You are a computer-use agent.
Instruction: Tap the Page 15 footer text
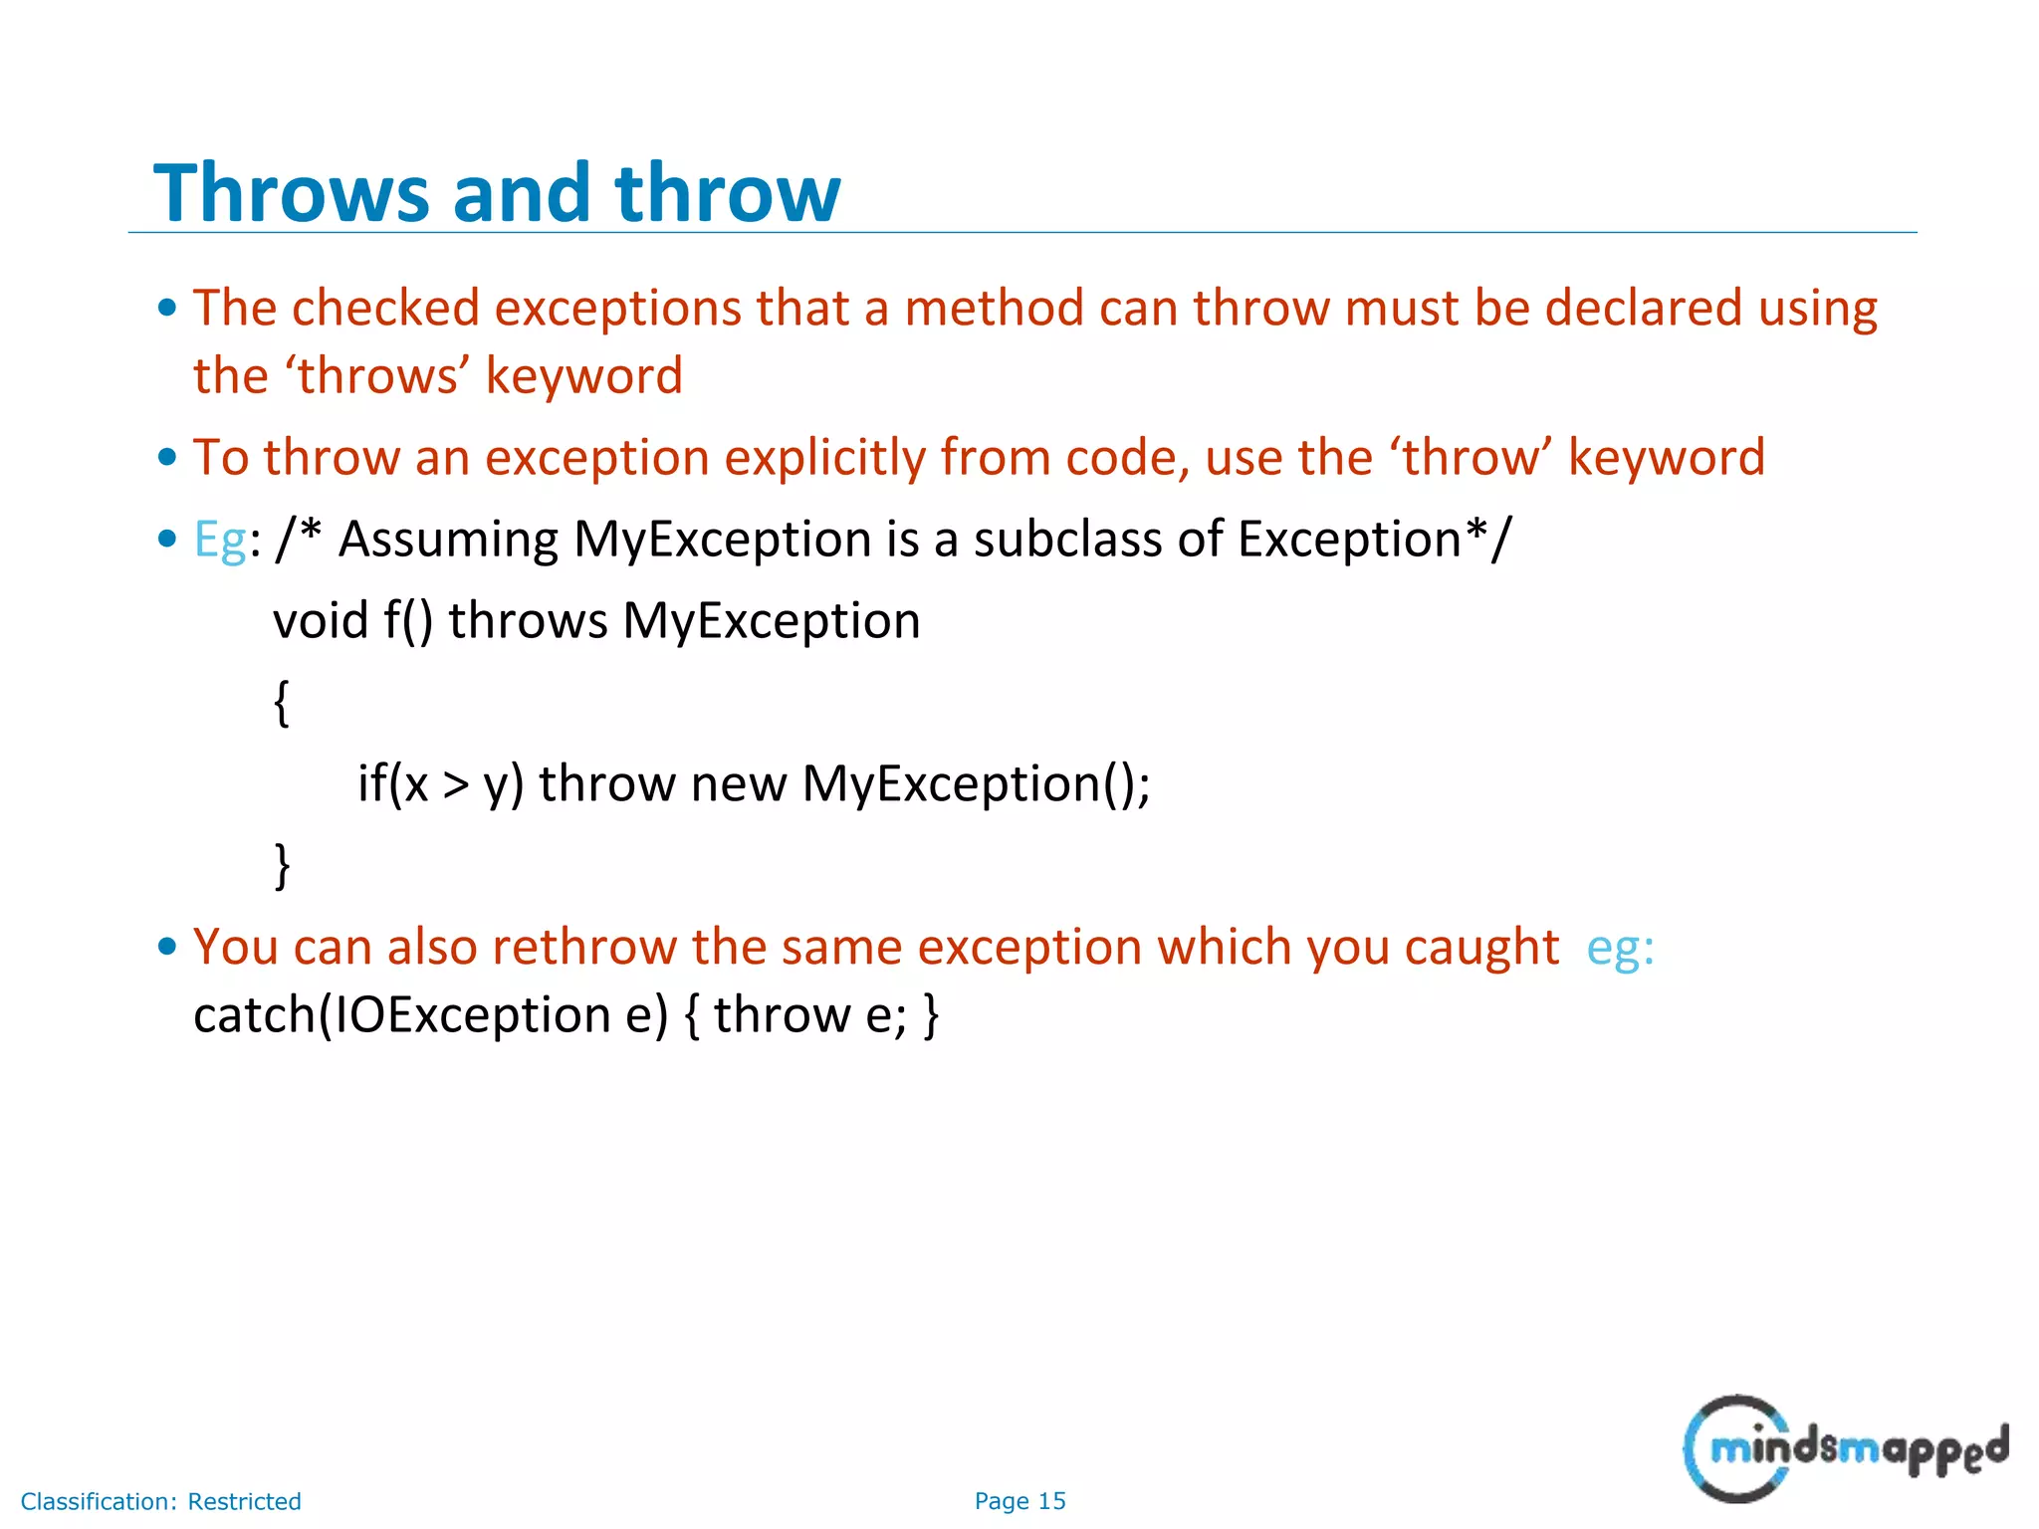coord(1019,1501)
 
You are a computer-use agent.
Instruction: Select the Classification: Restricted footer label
coord(160,1501)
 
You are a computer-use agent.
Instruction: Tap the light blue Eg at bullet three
coord(219,541)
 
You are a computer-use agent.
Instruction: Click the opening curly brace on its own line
coord(282,704)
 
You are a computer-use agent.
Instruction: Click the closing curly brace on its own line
coord(282,865)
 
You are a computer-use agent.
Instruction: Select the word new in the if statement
coord(738,784)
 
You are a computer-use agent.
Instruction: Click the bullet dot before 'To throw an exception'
coord(167,459)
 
